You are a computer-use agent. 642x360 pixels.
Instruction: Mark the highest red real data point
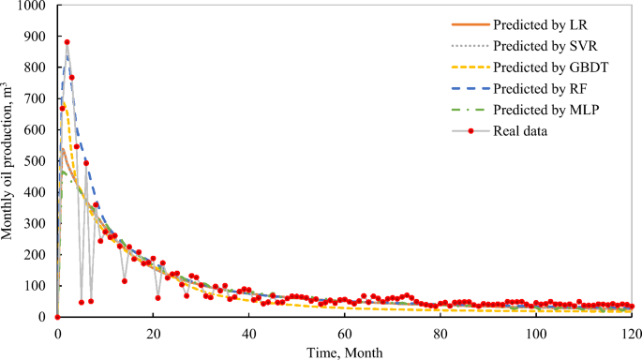pyautogui.click(x=67, y=42)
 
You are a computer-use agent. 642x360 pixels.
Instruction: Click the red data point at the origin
pyautogui.click(x=57, y=317)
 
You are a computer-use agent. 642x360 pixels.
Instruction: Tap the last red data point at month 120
pyautogui.click(x=631, y=307)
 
